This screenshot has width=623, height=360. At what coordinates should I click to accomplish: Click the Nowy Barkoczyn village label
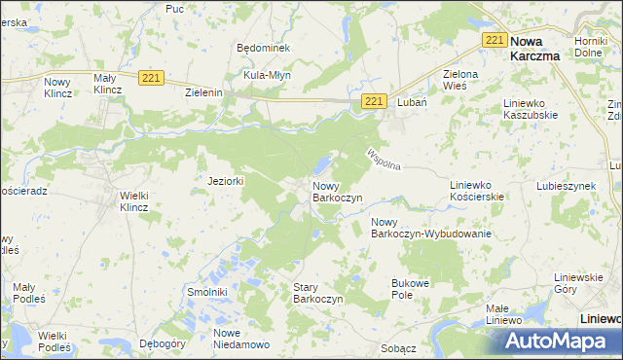(337, 191)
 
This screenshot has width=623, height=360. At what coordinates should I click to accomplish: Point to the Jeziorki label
(225, 181)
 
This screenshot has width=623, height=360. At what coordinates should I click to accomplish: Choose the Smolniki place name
(206, 291)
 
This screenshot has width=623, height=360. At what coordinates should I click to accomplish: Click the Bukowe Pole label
(410, 288)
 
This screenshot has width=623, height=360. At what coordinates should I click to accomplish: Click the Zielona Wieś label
(461, 79)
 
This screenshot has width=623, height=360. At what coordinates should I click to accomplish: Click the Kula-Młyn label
(267, 74)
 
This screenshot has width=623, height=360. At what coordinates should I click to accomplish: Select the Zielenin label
(204, 92)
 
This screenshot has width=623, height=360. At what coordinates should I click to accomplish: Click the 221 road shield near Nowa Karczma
(495, 40)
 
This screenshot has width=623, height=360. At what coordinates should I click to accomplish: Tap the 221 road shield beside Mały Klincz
(150, 77)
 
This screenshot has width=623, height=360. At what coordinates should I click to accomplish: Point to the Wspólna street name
(384, 159)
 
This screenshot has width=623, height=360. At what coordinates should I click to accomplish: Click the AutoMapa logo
(556, 341)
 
